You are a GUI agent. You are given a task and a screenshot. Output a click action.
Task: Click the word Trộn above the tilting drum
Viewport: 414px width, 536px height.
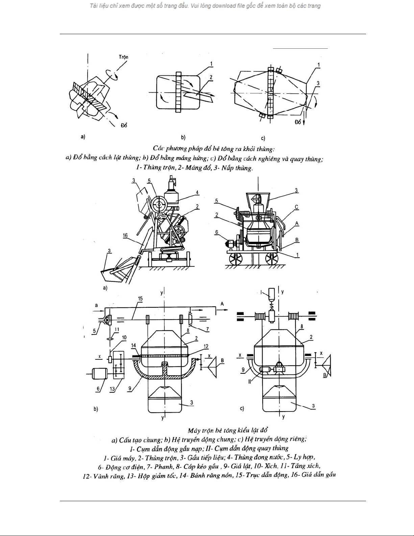123,57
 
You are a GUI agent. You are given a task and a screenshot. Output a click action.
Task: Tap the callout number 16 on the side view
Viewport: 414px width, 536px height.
126,236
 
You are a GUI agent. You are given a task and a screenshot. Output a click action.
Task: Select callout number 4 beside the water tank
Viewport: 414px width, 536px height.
197,193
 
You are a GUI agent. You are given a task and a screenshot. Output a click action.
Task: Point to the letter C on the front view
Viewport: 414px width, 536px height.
296,207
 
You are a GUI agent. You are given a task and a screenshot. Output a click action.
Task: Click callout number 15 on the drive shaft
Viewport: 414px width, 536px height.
140,299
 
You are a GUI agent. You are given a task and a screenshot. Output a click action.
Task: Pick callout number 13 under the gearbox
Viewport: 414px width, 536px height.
112,389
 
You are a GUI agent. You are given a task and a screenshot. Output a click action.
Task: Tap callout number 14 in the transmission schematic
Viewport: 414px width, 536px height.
134,345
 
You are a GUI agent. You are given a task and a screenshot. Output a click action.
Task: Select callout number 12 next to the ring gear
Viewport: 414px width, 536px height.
206,346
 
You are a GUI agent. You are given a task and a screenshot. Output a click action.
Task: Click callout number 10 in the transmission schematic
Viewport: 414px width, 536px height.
124,337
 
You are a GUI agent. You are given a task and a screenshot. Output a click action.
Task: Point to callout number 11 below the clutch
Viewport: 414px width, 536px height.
117,329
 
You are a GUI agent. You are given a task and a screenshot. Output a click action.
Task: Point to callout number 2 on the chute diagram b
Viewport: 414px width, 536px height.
211,77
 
